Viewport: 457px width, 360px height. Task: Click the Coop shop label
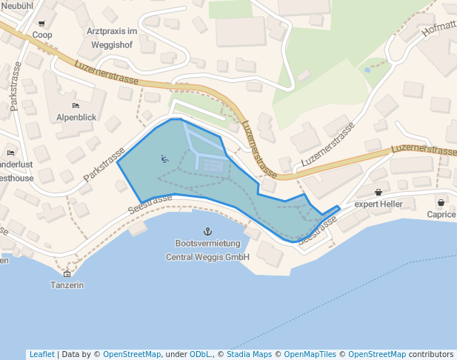[42, 35]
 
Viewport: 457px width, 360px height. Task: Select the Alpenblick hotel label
[76, 117]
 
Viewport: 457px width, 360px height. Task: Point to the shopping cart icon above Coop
[41, 24]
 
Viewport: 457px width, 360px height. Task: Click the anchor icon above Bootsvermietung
[207, 232]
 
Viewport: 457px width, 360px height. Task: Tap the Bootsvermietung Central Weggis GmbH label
[207, 250]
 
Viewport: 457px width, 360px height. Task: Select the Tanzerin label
[67, 285]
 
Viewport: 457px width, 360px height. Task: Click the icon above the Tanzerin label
[67, 273]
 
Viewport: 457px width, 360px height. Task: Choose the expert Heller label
[378, 203]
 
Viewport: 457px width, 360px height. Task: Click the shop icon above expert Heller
[378, 192]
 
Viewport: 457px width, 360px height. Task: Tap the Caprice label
[441, 214]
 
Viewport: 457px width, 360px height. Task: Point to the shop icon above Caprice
[441, 202]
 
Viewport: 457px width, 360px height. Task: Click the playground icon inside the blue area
[164, 158]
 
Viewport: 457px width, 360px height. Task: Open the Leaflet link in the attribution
[41, 354]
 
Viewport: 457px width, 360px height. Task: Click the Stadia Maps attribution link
[248, 354]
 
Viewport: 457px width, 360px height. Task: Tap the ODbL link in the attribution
[200, 354]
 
